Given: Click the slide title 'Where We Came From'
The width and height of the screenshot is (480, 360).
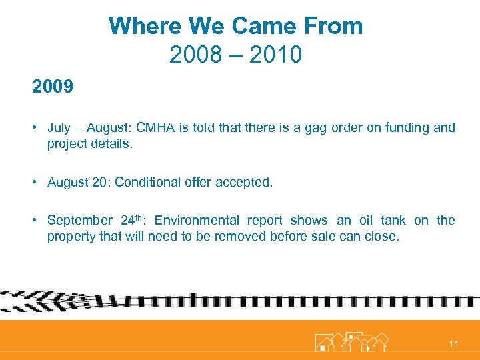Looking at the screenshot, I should [235, 27].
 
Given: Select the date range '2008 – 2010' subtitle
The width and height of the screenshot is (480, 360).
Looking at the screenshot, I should [235, 54].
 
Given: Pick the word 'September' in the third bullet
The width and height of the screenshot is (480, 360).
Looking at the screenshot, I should [79, 221].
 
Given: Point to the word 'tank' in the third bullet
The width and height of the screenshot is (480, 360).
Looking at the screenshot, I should [393, 221].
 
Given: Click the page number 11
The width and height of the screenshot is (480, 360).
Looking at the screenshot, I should [454, 344].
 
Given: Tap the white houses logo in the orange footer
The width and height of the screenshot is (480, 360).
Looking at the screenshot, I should [351, 341].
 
